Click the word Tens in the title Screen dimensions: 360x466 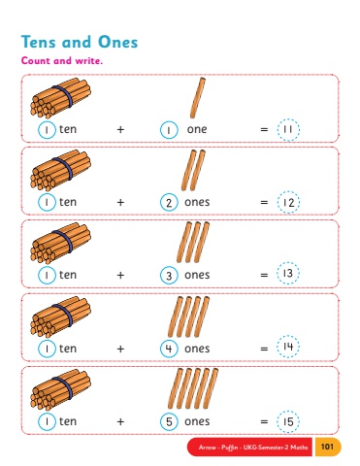[x=39, y=42]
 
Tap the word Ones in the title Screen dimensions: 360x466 [x=118, y=42]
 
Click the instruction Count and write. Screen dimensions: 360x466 [x=62, y=60]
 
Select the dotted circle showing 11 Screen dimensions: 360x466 [x=288, y=130]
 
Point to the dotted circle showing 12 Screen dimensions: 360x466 [x=288, y=202]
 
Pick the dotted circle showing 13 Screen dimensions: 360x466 [x=288, y=274]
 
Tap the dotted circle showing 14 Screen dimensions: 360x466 [x=288, y=347]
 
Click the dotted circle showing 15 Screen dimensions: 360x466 [x=288, y=421]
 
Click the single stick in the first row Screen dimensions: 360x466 [x=198, y=98]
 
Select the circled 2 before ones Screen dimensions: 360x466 [x=169, y=203]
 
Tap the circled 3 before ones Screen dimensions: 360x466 [x=169, y=276]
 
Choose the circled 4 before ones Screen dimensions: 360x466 [x=169, y=349]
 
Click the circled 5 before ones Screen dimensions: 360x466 [x=169, y=421]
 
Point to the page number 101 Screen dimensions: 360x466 [x=327, y=447]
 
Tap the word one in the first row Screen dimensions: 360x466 [x=197, y=129]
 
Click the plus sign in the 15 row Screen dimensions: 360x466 [x=120, y=421]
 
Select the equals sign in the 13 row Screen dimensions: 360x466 [x=264, y=275]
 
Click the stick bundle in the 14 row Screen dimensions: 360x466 [x=60, y=316]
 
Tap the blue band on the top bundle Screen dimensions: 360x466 [x=63, y=96]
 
